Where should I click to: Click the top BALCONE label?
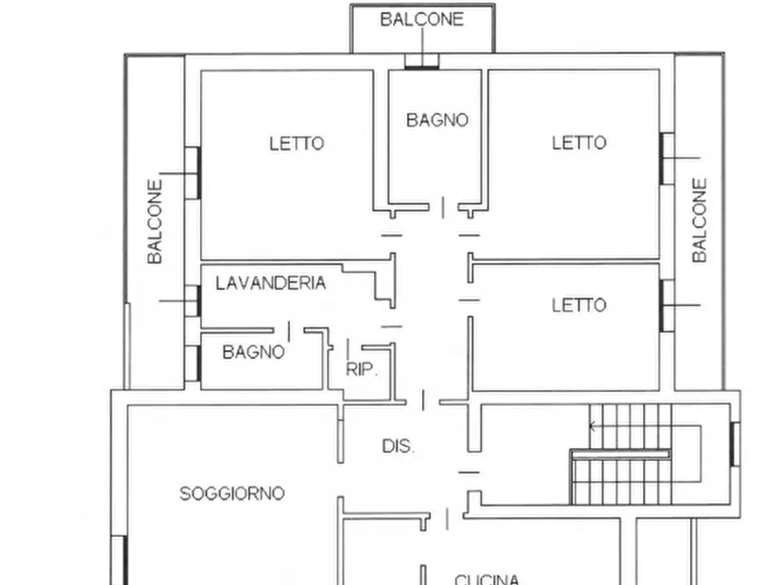pos(422,19)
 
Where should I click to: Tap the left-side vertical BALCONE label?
pos(155,222)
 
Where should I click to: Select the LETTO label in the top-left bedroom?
pos(296,143)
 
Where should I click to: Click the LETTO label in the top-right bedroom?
pos(578,142)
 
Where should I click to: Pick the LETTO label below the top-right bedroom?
pos(578,305)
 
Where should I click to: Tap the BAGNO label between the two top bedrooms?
pos(437,120)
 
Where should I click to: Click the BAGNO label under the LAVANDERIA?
pos(253,352)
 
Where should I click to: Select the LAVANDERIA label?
pos(271,283)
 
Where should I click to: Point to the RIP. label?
pos(362,369)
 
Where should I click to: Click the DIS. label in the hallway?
pos(398,445)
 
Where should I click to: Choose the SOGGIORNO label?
pos(231,493)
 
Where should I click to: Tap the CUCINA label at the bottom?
pos(487,578)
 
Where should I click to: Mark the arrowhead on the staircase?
pos(593,427)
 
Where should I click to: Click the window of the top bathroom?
pos(422,61)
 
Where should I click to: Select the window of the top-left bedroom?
pos(193,172)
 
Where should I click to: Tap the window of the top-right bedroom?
pos(667,158)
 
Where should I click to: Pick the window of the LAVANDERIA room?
pos(193,301)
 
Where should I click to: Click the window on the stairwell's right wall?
pos(735,444)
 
